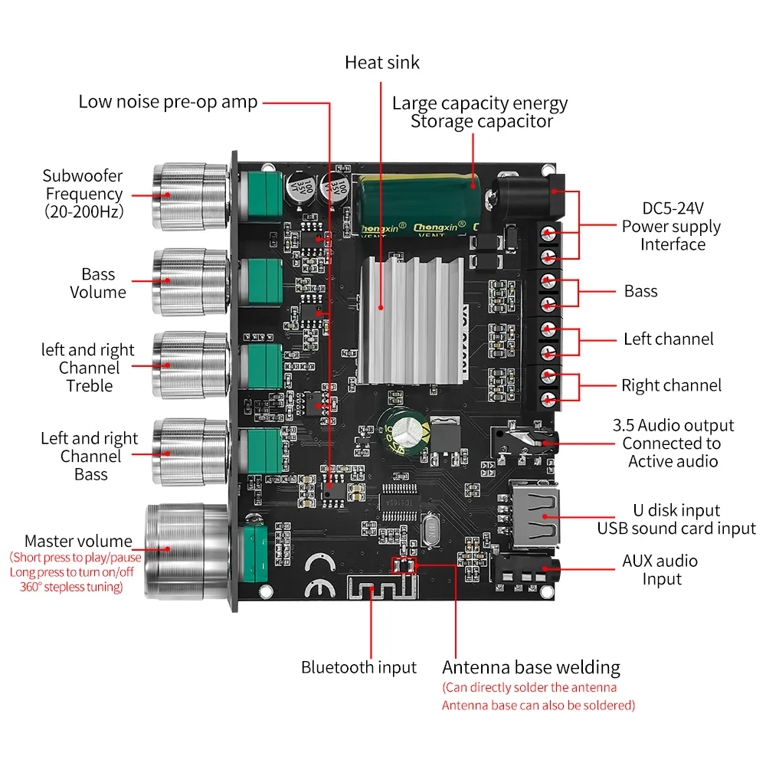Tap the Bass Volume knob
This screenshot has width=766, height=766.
point(188,281)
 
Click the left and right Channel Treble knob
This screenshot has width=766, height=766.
point(188,365)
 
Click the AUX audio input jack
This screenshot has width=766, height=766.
point(529,570)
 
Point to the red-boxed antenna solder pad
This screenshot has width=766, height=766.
point(403,565)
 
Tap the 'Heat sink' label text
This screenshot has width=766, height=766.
point(382,62)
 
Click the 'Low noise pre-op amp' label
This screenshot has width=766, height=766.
point(168,102)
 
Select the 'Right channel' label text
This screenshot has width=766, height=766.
point(671,385)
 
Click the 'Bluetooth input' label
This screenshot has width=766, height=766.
point(358,667)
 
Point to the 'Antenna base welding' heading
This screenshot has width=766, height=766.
point(531,667)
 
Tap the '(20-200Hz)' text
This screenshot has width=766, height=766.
point(83,212)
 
